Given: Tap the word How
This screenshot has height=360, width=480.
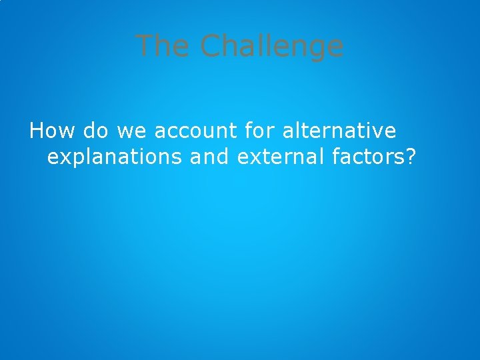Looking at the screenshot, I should (x=53, y=130).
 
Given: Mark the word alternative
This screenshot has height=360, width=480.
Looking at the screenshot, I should (x=339, y=130).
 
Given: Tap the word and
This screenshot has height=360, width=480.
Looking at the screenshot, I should (x=209, y=157).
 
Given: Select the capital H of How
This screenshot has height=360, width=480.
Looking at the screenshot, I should (x=37, y=130).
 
